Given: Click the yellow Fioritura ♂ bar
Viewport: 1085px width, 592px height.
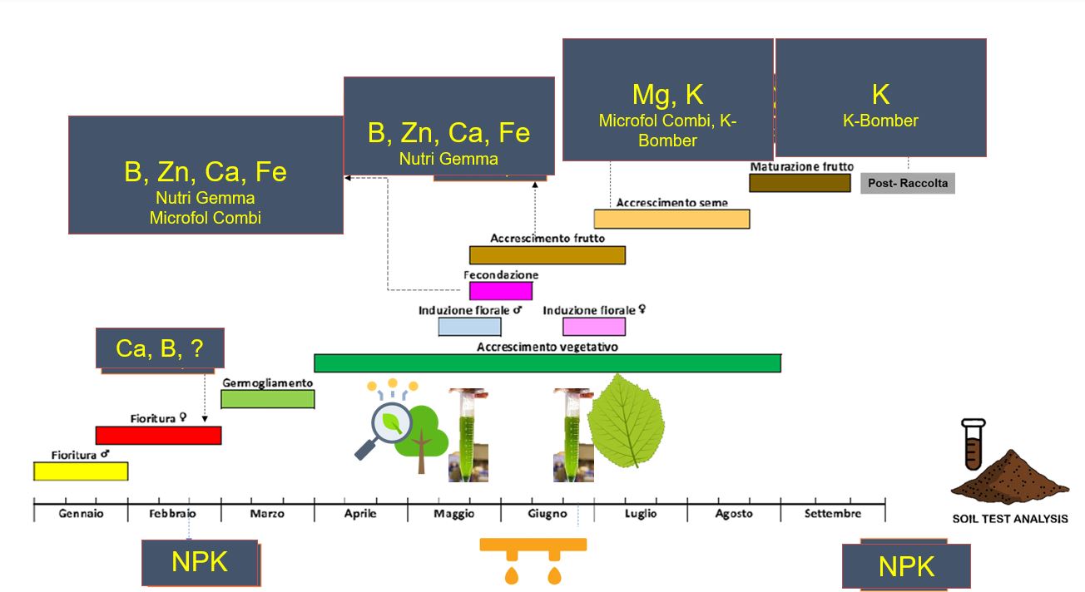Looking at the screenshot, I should pos(81,471).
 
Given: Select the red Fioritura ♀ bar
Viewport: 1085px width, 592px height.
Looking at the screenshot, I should pos(158,435).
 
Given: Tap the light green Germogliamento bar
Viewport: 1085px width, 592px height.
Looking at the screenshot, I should pos(267,399).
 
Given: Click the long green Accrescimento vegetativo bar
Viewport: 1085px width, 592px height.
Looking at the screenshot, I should pos(547,363).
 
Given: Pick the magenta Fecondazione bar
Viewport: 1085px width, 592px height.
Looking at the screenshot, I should pos(500,291).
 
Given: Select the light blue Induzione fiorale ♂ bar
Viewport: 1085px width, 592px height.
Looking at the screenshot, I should pos(469,327).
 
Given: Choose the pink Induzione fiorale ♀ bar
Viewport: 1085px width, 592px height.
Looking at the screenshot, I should pos(593,327).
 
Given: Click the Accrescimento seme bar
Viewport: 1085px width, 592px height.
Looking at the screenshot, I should pos(671,219).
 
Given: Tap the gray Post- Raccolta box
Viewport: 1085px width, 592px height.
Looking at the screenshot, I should pos(907,183).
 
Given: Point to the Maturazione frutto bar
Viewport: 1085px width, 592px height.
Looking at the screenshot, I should pos(800,183).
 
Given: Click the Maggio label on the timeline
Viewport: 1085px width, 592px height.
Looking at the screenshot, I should pos(453,514).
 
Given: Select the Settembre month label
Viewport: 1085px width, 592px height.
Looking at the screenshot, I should pos(832,514).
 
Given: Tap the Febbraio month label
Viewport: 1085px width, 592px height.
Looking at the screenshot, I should pos(172,514).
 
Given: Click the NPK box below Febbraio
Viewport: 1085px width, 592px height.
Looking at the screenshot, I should pos(200,563).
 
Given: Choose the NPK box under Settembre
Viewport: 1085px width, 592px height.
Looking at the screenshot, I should pos(906,566).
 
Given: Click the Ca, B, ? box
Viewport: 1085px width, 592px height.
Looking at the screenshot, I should pos(160,348).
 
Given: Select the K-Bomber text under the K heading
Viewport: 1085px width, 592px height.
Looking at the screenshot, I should pos(880,121).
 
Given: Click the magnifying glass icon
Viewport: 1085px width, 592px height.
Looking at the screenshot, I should pos(385,427).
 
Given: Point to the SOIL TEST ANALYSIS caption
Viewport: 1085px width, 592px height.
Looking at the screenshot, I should pos(1009,519).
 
